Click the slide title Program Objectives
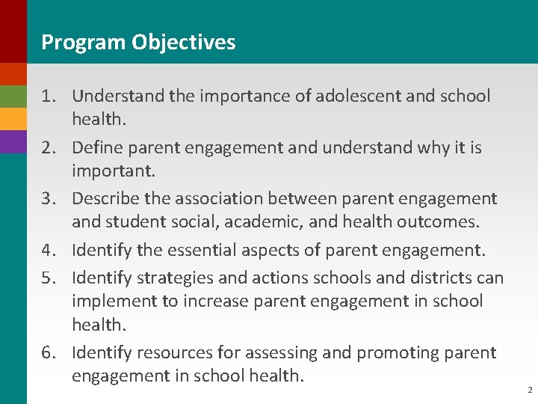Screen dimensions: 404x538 tap(138, 42)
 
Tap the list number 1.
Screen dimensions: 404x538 tap(49, 97)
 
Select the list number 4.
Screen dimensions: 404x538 tap(49, 250)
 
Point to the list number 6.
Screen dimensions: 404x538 tap(49, 352)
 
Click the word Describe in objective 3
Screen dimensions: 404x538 tap(105, 198)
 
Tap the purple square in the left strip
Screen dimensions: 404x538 tap(13, 142)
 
